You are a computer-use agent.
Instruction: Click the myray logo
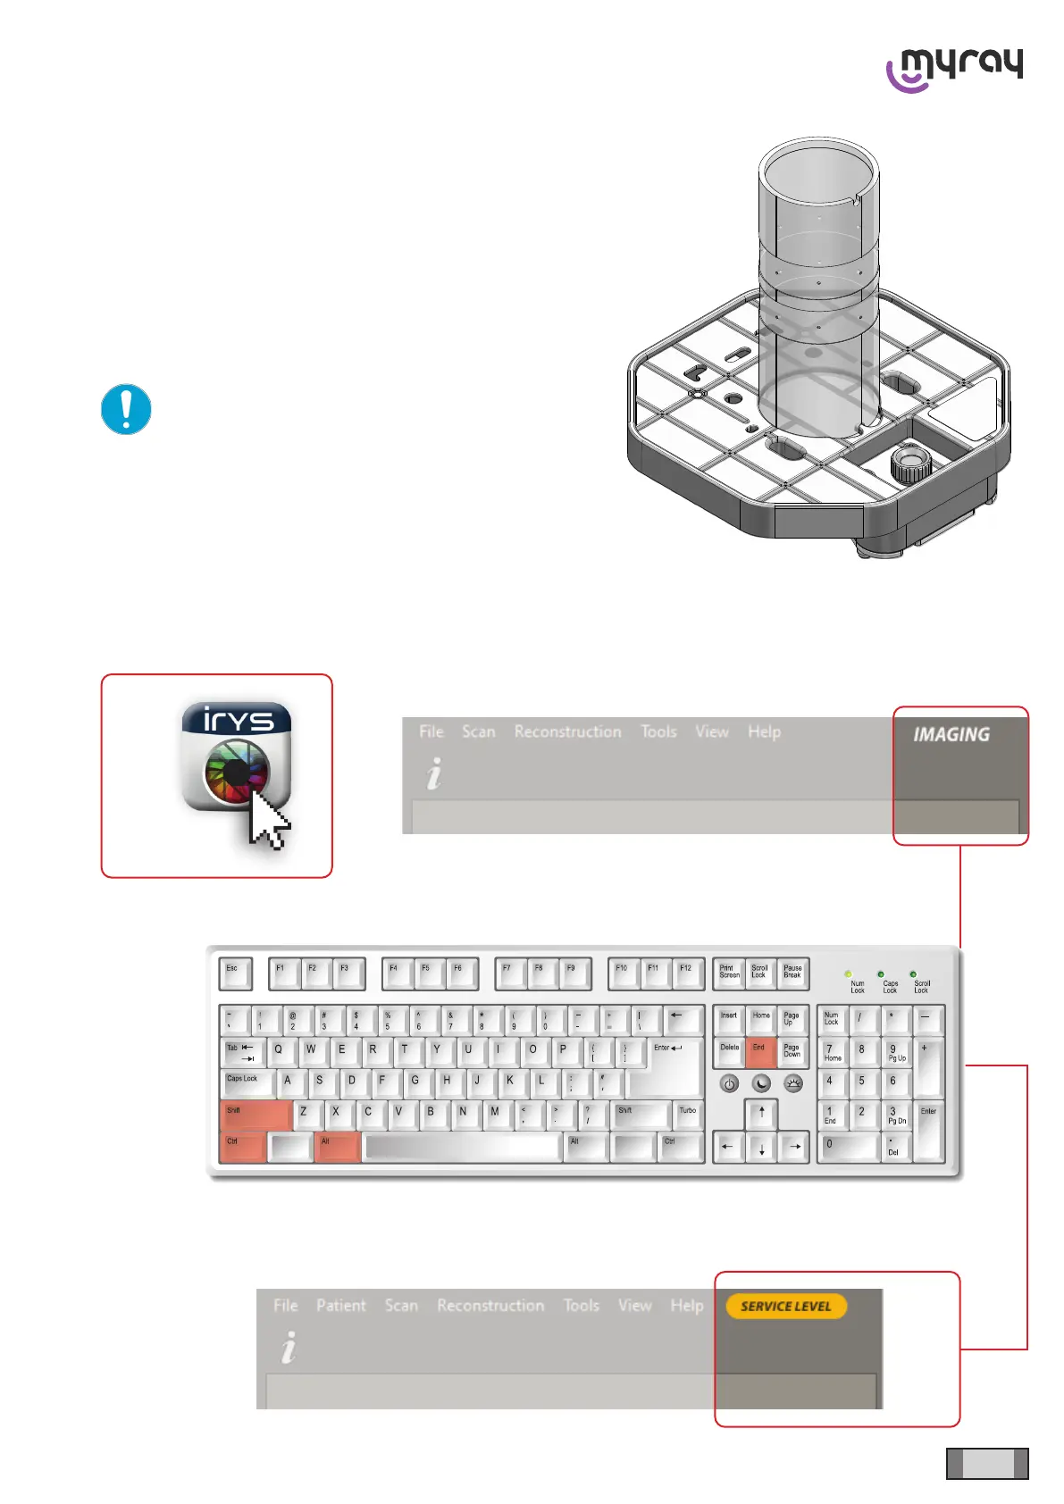click(954, 69)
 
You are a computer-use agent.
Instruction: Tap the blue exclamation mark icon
click(126, 409)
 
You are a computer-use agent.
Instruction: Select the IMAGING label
click(951, 734)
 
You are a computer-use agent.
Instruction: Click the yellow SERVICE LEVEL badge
click(786, 1306)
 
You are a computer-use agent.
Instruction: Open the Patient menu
click(340, 1305)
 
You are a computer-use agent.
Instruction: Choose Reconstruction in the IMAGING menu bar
click(567, 731)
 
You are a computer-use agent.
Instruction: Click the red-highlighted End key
click(760, 1053)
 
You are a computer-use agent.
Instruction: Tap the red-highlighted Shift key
click(255, 1115)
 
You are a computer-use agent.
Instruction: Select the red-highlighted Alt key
click(337, 1147)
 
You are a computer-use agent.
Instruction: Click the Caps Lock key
click(245, 1082)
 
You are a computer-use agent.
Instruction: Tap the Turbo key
click(688, 1115)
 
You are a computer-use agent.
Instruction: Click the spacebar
click(463, 1147)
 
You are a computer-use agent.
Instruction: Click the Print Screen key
click(729, 973)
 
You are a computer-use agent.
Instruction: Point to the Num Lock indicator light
click(848, 973)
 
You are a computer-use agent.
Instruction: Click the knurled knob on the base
click(910, 462)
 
